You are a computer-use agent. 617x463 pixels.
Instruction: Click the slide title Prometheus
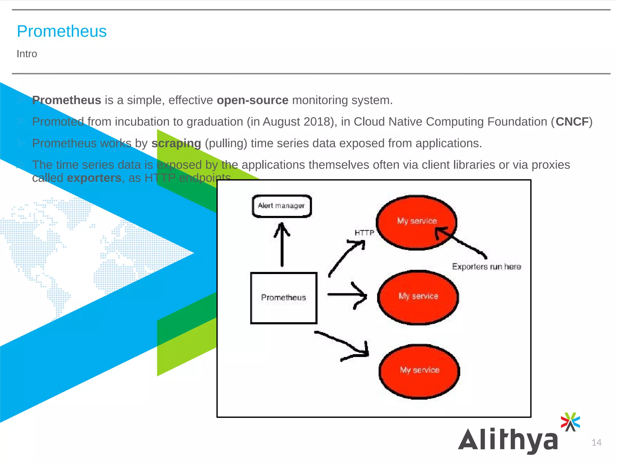62,31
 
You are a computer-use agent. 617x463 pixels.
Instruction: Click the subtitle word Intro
27,54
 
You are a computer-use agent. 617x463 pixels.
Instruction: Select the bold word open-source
252,100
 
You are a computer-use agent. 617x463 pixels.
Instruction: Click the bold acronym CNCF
572,122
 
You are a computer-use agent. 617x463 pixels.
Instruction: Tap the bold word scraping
176,143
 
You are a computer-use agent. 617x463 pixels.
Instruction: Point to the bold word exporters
94,178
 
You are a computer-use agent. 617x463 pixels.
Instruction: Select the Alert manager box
282,206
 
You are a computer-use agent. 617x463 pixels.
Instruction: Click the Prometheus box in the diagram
283,298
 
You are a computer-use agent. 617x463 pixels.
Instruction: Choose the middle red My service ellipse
418,297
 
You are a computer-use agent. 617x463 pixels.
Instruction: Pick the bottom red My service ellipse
419,371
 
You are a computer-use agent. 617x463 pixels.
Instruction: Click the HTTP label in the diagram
364,233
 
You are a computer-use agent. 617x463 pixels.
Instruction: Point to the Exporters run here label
486,267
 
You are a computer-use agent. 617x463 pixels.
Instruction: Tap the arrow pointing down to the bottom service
343,344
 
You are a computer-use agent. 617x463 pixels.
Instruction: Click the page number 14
596,443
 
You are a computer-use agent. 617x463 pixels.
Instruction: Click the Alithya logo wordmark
508,440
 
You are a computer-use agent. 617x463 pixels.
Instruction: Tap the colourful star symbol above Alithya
570,422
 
